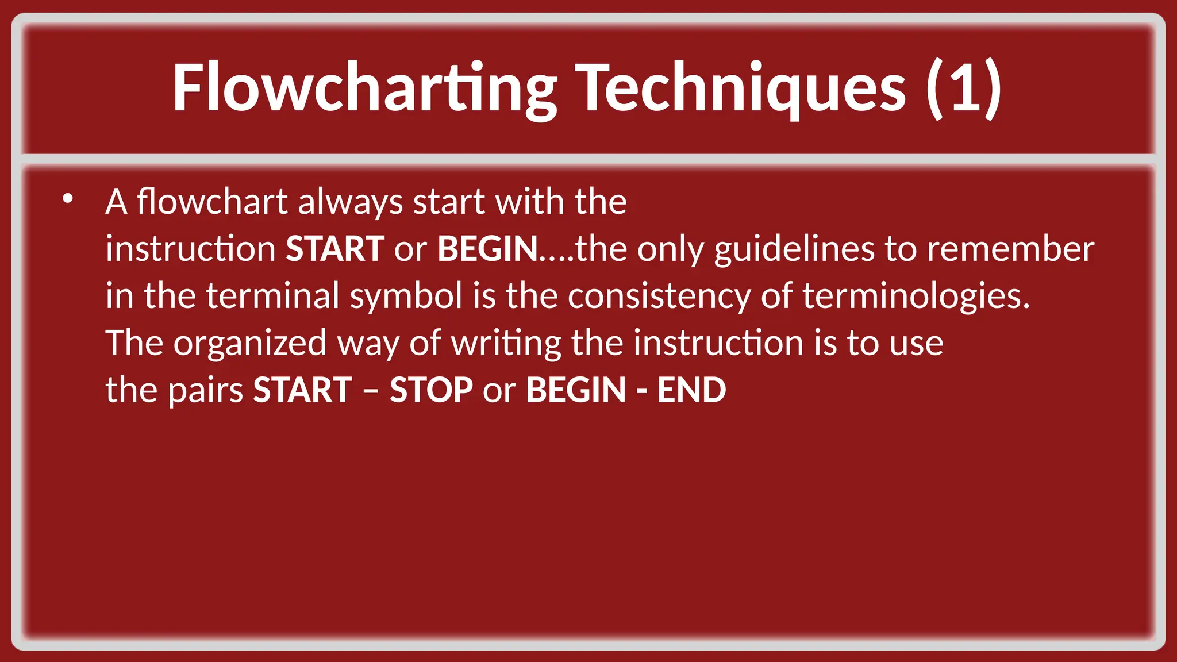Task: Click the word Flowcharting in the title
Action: click(x=364, y=88)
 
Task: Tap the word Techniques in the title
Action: click(x=741, y=88)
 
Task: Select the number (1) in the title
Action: click(x=964, y=88)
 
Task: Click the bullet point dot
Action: click(x=68, y=199)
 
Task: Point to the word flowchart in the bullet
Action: click(x=212, y=202)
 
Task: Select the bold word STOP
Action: click(x=431, y=390)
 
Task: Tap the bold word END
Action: click(x=691, y=390)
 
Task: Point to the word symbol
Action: click(x=406, y=295)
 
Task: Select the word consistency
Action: click(x=659, y=295)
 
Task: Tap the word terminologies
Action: click(x=916, y=295)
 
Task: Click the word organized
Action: click(x=250, y=342)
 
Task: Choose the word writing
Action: click(x=506, y=342)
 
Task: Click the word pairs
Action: click(x=206, y=390)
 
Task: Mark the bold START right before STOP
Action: click(x=302, y=390)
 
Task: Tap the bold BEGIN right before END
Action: click(x=575, y=390)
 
